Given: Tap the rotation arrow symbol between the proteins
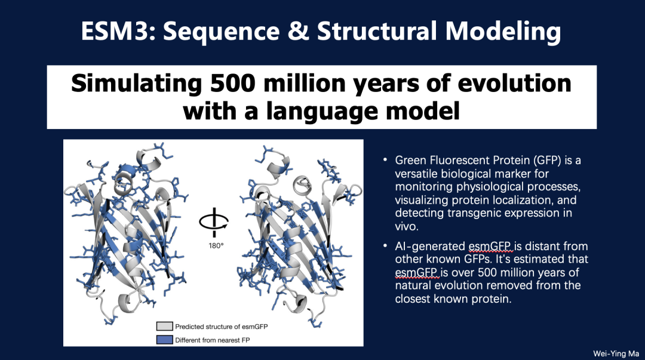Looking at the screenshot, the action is click(x=214, y=222).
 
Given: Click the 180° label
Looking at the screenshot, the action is click(x=216, y=245).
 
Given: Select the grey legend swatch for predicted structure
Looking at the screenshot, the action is click(x=164, y=326).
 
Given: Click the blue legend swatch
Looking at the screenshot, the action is click(x=164, y=340).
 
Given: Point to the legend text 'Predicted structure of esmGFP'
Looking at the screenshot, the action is click(x=222, y=327).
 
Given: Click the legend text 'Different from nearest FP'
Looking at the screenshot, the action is click(x=212, y=340).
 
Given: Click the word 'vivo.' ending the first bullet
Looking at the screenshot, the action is click(x=407, y=226).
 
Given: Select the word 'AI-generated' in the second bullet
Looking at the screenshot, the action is click(x=430, y=247).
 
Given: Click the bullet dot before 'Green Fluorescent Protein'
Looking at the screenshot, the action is click(x=385, y=159).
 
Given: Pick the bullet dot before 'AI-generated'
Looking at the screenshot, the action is click(x=385, y=245).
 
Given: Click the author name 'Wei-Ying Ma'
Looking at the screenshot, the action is click(x=616, y=353).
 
